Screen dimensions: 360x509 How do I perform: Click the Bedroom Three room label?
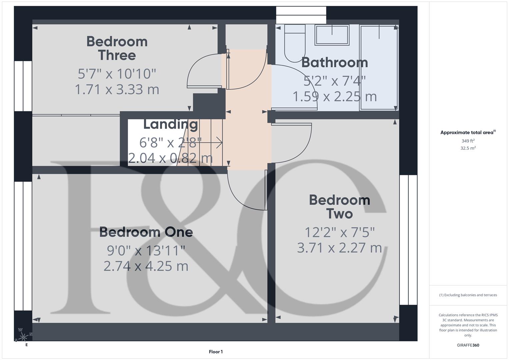click(x=117, y=48)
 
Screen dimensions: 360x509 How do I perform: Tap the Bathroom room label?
click(x=334, y=62)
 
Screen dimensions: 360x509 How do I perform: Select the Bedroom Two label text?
click(x=339, y=207)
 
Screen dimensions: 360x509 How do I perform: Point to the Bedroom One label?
click(x=146, y=232)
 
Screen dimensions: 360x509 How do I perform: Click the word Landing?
click(x=170, y=124)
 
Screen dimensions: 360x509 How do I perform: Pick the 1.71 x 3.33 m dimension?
click(x=117, y=89)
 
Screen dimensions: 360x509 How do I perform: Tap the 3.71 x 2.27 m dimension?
click(x=339, y=248)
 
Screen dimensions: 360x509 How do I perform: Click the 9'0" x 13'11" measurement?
click(x=146, y=250)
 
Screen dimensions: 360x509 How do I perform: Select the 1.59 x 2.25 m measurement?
click(x=334, y=97)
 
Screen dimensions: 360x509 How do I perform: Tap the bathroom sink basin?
click(x=332, y=35)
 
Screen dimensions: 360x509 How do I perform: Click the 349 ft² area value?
click(x=468, y=141)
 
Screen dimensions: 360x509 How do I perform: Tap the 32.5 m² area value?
click(x=468, y=148)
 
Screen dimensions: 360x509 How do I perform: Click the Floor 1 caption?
click(x=216, y=352)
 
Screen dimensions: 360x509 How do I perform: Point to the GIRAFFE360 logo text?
click(x=468, y=345)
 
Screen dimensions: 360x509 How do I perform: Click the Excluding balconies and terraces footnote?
click(x=468, y=295)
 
